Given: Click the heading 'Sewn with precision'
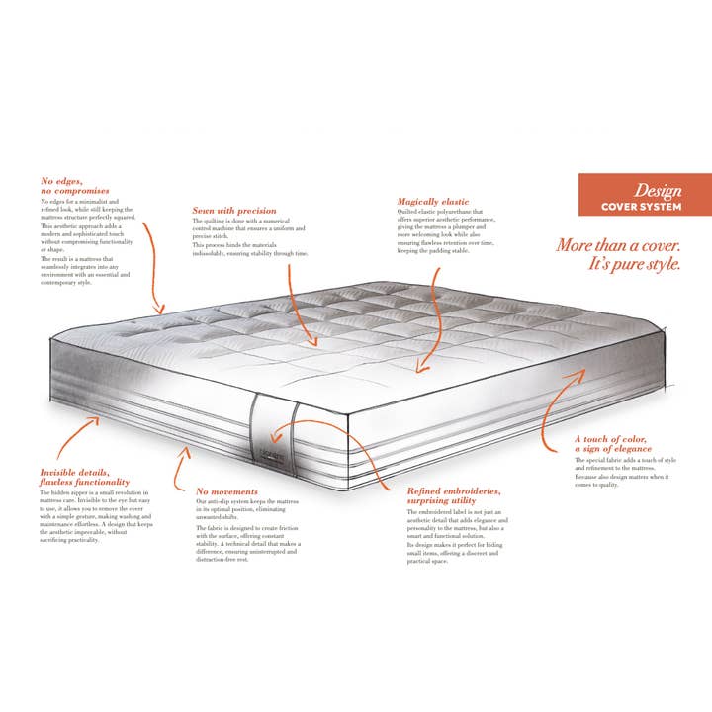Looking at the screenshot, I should (x=234, y=211).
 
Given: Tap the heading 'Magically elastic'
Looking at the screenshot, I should (x=433, y=202).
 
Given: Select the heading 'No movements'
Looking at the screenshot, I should (x=226, y=491).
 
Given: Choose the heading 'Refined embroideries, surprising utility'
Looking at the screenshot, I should (x=454, y=495).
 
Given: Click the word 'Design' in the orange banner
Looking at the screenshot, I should (x=658, y=189).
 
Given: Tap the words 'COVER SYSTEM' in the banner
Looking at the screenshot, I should (x=642, y=207).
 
